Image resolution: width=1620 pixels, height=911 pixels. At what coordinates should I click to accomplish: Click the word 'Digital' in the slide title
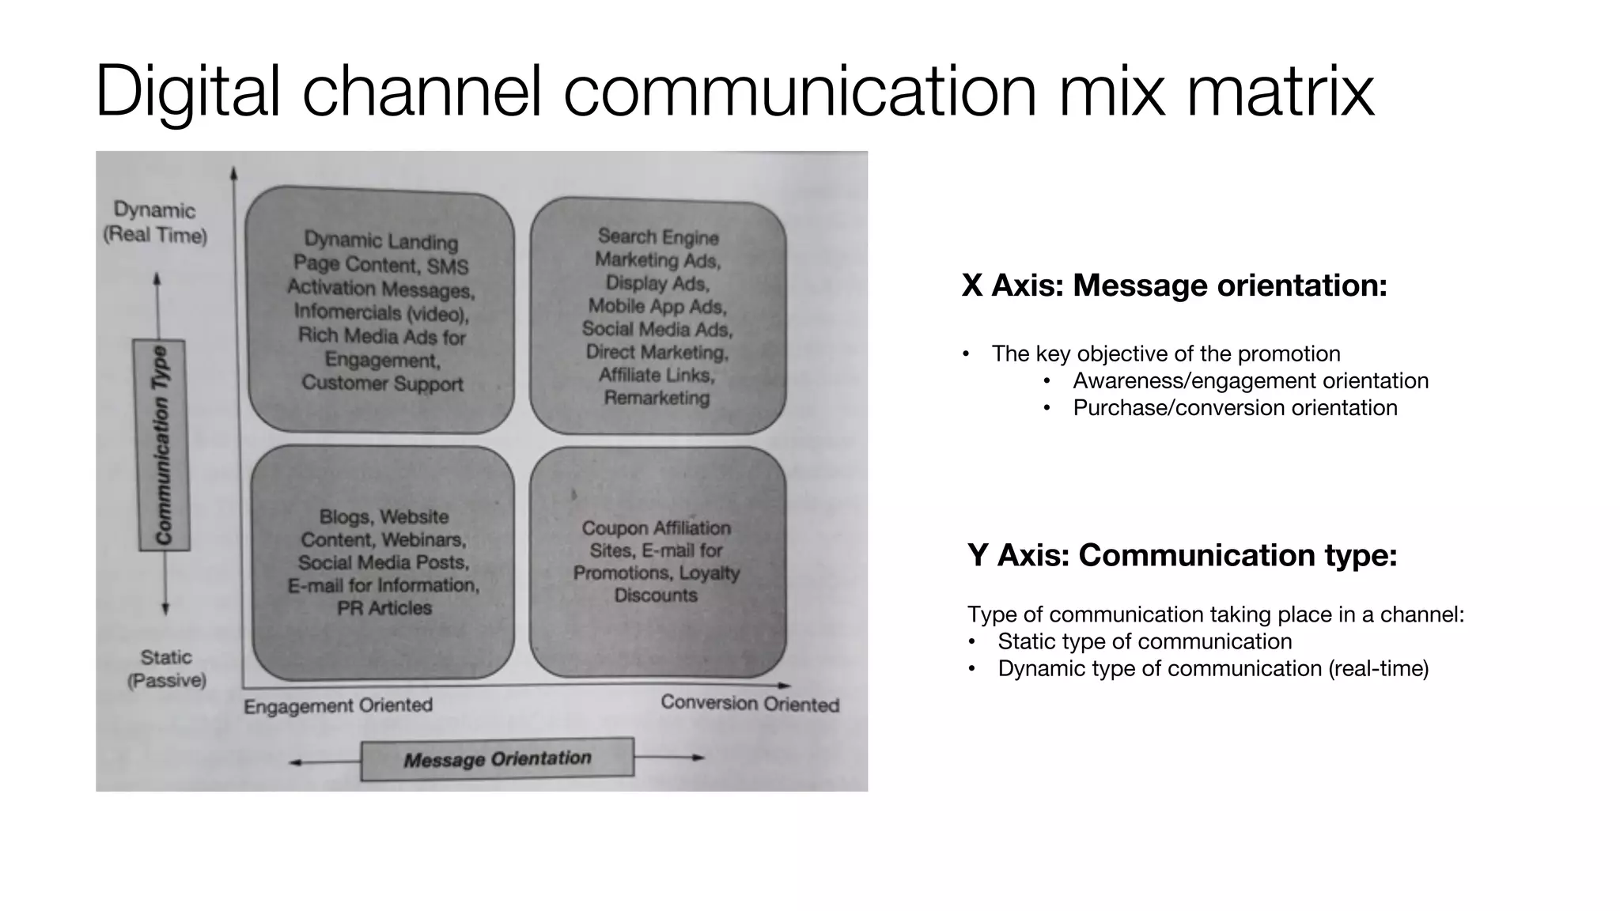(x=187, y=92)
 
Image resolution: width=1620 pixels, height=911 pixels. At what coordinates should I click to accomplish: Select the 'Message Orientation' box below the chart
(x=498, y=759)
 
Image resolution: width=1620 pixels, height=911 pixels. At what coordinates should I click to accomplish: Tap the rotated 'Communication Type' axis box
(x=161, y=444)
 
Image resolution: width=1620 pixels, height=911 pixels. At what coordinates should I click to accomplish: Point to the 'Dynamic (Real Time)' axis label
(x=155, y=222)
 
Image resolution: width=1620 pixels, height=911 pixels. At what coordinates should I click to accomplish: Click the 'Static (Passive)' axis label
(x=166, y=668)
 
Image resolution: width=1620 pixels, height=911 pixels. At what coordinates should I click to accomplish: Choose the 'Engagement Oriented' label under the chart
(x=338, y=705)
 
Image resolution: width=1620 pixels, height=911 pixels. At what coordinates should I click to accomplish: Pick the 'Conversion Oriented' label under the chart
(x=750, y=703)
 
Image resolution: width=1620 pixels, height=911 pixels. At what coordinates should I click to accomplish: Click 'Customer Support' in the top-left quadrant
(x=382, y=384)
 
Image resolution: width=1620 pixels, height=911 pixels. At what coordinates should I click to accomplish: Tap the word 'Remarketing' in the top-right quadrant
(x=657, y=398)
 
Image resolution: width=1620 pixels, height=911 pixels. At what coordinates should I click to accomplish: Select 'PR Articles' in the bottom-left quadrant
(x=384, y=608)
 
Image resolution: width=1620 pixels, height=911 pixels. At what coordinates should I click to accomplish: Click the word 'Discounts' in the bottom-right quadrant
(x=656, y=595)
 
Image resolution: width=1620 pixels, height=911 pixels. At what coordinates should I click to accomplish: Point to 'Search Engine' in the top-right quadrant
(x=658, y=236)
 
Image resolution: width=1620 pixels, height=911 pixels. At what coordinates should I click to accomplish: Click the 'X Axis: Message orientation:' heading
(x=1174, y=285)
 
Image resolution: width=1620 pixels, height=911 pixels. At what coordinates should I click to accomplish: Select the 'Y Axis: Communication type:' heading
(x=1182, y=555)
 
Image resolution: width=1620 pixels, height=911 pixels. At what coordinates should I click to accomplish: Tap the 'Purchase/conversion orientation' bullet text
(x=1235, y=408)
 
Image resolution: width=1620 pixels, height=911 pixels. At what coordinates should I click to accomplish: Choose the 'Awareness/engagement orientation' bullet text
(x=1251, y=381)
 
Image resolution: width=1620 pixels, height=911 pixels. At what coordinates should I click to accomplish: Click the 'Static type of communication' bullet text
(x=1145, y=641)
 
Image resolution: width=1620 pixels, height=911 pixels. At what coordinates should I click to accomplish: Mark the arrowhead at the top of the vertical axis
(x=233, y=172)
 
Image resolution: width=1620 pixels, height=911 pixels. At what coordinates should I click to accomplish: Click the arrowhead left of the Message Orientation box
(x=294, y=762)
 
